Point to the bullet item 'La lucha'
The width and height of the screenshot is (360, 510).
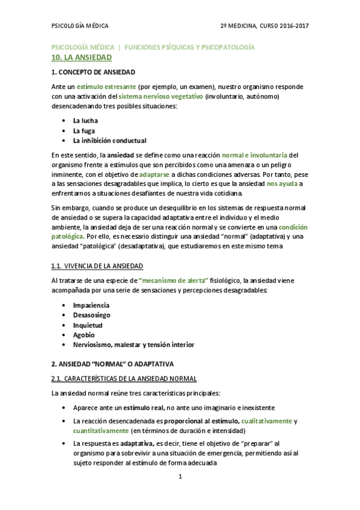click(86, 120)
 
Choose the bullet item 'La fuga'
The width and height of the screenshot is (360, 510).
click(84, 131)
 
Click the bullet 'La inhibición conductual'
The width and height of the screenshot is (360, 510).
click(109, 141)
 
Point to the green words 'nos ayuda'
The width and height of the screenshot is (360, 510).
click(281, 183)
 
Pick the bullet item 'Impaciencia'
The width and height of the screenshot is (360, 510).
click(91, 305)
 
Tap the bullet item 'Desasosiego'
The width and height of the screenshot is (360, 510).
click(91, 315)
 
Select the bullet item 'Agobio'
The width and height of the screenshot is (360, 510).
click(84, 335)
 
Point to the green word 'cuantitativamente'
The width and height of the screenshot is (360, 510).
click(100, 431)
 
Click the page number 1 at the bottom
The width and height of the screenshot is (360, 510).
click(180, 477)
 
